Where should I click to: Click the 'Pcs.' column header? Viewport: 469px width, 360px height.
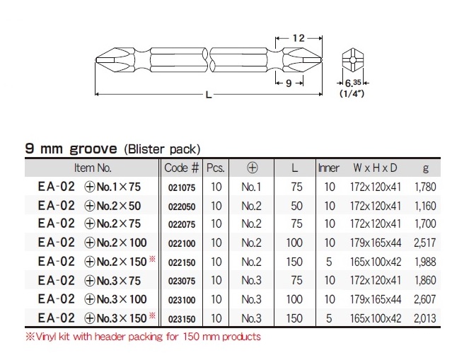[216, 168]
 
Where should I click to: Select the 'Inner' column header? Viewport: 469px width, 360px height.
[329, 168]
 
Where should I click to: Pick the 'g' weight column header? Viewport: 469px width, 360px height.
[426, 168]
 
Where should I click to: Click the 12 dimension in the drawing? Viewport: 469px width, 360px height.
[298, 37]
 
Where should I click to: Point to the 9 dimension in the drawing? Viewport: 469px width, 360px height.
[290, 83]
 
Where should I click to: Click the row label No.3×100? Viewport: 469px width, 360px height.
[116, 300]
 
